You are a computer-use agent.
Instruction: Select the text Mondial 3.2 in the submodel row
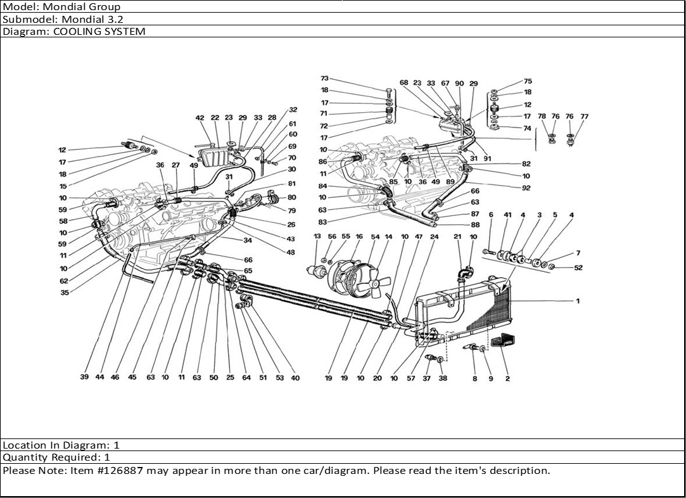[x=92, y=19]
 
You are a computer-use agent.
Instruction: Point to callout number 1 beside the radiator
[x=577, y=301]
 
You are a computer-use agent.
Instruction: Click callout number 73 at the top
[x=325, y=79]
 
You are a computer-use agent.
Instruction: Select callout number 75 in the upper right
[x=528, y=81]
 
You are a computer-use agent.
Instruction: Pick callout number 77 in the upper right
[x=584, y=117]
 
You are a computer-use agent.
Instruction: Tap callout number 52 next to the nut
[x=578, y=267]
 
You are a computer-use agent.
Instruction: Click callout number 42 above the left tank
[x=200, y=118]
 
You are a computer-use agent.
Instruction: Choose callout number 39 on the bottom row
[x=84, y=378]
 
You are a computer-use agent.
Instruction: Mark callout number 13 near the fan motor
[x=317, y=236]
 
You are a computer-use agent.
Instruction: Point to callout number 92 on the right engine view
[x=526, y=188]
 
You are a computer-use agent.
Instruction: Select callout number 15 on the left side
[x=62, y=186]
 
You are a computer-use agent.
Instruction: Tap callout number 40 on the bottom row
[x=295, y=378]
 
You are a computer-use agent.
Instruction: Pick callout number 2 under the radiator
[x=507, y=378]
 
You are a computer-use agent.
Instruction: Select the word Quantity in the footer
[x=25, y=457]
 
